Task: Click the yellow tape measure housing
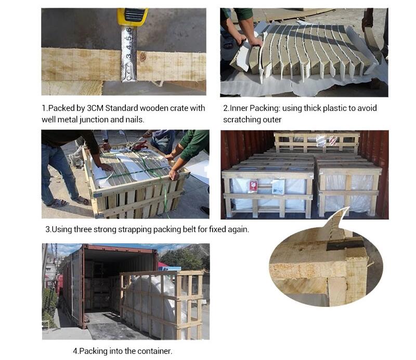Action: (x=133, y=17)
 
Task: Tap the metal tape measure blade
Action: (x=129, y=53)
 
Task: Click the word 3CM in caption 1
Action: (x=95, y=108)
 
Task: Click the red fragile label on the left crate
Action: (x=253, y=186)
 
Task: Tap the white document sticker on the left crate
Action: (x=278, y=186)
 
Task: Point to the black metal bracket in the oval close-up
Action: (x=345, y=245)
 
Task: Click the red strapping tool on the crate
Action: (x=138, y=146)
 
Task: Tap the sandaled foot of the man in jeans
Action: (x=58, y=203)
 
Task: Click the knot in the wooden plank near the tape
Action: (x=144, y=57)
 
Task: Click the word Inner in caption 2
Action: (x=239, y=108)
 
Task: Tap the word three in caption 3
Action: (x=82, y=229)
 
